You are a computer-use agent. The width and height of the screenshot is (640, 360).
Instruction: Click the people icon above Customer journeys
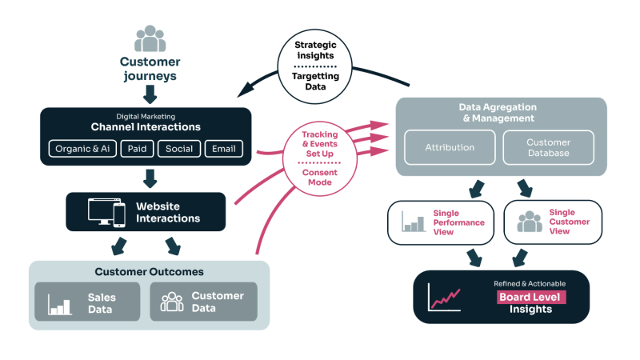click(150, 39)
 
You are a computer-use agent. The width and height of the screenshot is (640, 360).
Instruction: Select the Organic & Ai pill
click(83, 149)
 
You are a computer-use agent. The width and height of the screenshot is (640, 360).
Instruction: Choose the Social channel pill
click(178, 149)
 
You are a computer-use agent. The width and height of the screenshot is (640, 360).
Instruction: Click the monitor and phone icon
click(106, 212)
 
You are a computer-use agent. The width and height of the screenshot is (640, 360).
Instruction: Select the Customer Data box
click(203, 302)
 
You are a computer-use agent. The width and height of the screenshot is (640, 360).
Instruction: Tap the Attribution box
click(449, 147)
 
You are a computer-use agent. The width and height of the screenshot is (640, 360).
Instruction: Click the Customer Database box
click(548, 147)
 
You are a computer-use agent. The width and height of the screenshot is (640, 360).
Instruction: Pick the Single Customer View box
click(553, 222)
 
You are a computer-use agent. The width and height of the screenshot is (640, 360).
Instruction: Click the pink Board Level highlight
click(530, 297)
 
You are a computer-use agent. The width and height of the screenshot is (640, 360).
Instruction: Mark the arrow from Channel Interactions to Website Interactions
click(147, 177)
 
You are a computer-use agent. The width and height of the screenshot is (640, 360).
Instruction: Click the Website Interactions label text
click(168, 212)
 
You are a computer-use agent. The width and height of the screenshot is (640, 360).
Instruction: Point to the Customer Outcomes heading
click(149, 272)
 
